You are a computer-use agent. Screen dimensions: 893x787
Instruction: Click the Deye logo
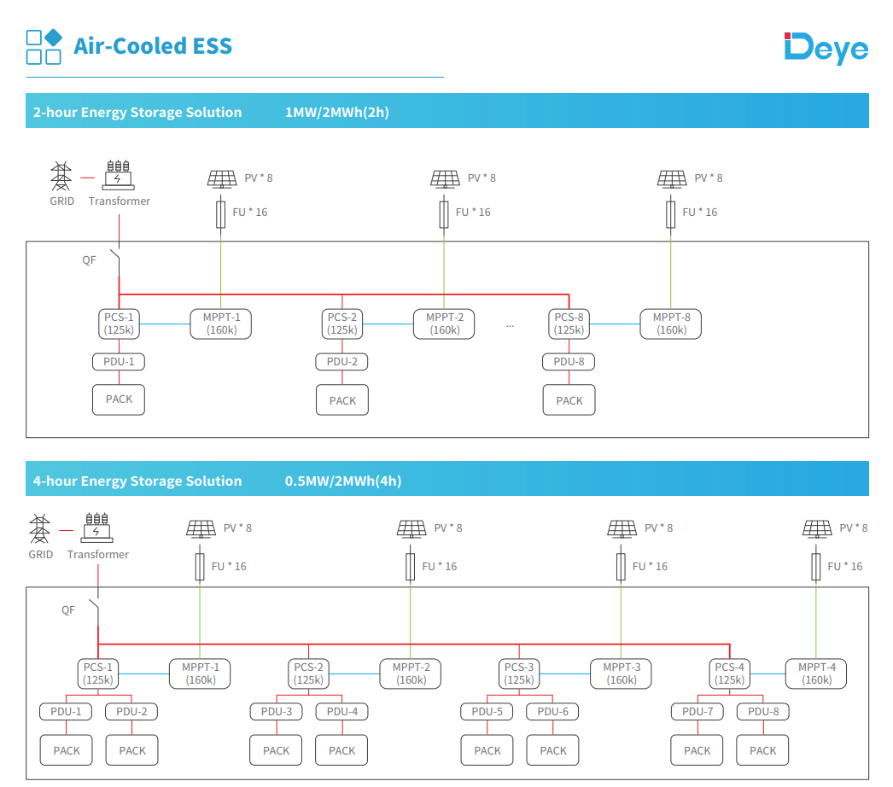pyautogui.click(x=826, y=48)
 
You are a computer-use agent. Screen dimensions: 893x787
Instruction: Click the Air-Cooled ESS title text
pyautogui.click(x=153, y=46)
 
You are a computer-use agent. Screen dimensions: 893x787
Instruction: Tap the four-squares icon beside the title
pyautogui.click(x=44, y=47)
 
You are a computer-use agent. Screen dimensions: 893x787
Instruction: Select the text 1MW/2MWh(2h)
pyautogui.click(x=336, y=112)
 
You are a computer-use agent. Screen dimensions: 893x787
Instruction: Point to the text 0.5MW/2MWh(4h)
pyautogui.click(x=343, y=481)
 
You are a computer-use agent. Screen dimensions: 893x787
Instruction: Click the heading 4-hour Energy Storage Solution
pyautogui.click(x=137, y=481)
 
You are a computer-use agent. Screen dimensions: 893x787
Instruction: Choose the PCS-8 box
pyautogui.click(x=569, y=324)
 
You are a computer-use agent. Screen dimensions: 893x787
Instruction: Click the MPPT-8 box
pyautogui.click(x=671, y=324)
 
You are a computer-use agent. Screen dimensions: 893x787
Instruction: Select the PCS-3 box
pyautogui.click(x=519, y=673)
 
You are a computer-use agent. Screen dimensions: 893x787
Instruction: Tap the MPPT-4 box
pyautogui.click(x=816, y=673)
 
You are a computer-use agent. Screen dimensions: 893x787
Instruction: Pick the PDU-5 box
pyautogui.click(x=487, y=711)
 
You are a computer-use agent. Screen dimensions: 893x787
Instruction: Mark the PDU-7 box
pyautogui.click(x=697, y=711)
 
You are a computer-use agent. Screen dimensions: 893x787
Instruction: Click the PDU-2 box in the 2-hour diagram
pyautogui.click(x=341, y=362)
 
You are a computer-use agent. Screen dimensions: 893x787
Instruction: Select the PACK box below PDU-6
pyautogui.click(x=553, y=750)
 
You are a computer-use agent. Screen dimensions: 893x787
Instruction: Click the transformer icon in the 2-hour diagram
pyautogui.click(x=119, y=175)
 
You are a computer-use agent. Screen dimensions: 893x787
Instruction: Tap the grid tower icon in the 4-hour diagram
pyautogui.click(x=40, y=528)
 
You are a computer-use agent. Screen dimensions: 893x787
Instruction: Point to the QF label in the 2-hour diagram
pyautogui.click(x=89, y=260)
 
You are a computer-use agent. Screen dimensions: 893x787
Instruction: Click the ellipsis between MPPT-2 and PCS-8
pyautogui.click(x=510, y=326)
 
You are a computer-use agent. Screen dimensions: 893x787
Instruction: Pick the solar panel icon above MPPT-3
pyautogui.click(x=622, y=529)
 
